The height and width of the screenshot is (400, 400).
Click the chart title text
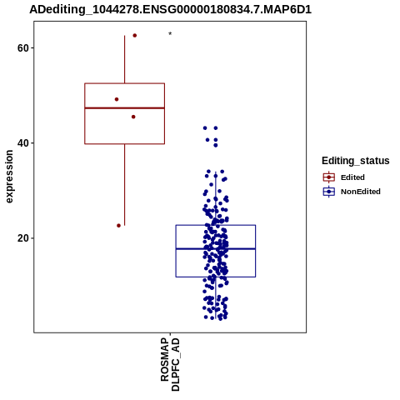(x=170, y=10)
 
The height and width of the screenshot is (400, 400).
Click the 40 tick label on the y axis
(x=22, y=143)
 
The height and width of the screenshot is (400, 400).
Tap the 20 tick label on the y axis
(x=22, y=238)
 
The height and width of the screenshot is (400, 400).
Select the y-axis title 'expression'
(x=9, y=177)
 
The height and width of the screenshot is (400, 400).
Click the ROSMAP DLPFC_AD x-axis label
(x=170, y=364)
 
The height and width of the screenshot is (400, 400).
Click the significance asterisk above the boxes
(x=170, y=34)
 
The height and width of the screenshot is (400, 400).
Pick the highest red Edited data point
(x=135, y=36)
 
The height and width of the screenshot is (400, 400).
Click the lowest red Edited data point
(x=118, y=226)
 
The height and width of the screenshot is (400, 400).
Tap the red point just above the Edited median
(x=117, y=99)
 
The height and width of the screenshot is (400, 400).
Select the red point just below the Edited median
(x=133, y=117)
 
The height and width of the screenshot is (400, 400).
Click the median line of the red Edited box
(x=124, y=107)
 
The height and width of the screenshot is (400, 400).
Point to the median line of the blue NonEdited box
(x=216, y=248)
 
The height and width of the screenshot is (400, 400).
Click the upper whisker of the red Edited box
(x=124, y=59)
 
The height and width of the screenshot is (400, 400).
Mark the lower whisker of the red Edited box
(x=124, y=185)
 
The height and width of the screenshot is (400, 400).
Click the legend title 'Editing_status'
(x=356, y=161)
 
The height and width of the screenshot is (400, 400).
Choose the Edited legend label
(x=352, y=177)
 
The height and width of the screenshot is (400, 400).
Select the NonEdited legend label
(x=361, y=192)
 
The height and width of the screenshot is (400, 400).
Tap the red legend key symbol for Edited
(x=329, y=177)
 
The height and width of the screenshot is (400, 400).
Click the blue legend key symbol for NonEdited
(x=329, y=192)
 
